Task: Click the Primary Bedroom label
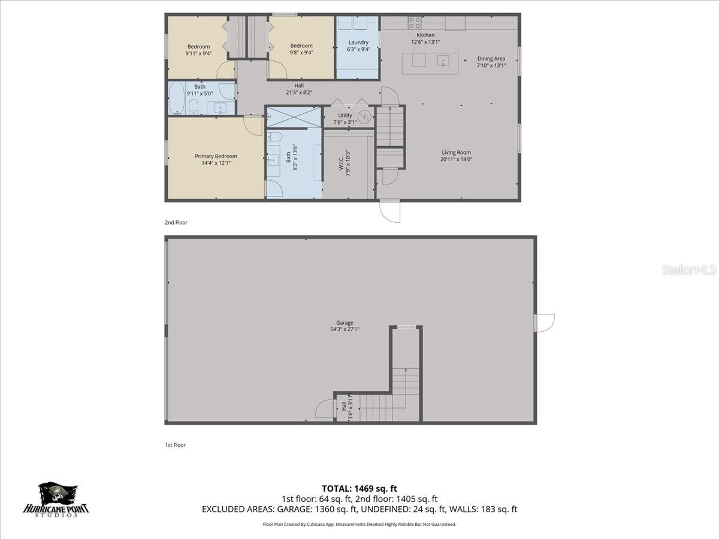click(216, 159)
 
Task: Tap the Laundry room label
click(358, 46)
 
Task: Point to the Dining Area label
click(491, 62)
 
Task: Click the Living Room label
click(457, 155)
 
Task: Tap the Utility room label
click(345, 119)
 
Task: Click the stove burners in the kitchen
click(415, 23)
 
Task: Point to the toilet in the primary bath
click(274, 137)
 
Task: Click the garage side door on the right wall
click(544, 323)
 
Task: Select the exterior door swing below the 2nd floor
click(389, 211)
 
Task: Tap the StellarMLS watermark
click(688, 270)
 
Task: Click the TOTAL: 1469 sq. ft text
click(359, 487)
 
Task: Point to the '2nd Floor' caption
click(176, 223)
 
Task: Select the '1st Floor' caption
click(175, 445)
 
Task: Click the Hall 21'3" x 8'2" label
click(298, 89)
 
